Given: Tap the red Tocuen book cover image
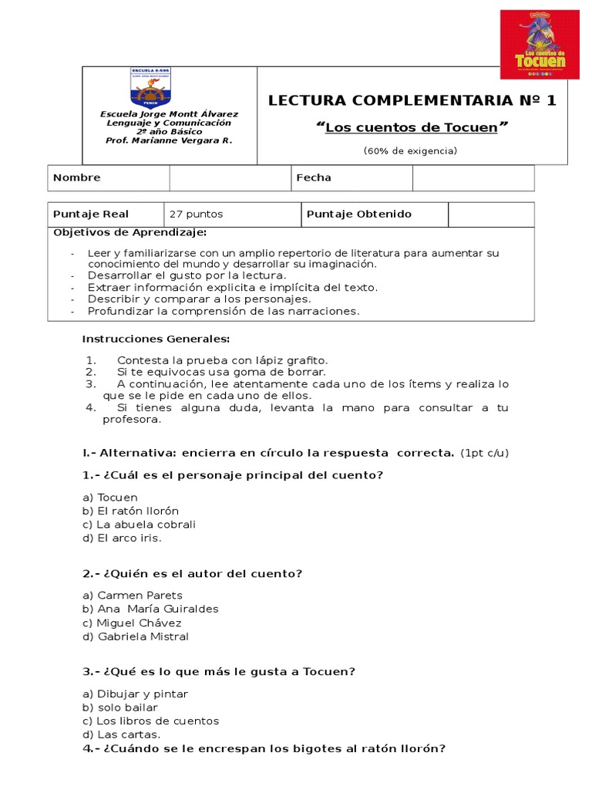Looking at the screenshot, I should [539, 45].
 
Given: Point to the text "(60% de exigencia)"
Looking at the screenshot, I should [410, 150].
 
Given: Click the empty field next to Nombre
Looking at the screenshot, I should [230, 177].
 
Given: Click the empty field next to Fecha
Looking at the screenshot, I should [473, 177].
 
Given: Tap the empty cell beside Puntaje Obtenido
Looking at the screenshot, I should [491, 214].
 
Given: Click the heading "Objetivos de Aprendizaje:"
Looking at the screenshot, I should [129, 233].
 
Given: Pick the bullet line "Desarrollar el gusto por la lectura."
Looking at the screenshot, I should [187, 275].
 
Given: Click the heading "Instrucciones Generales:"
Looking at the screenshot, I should [156, 339].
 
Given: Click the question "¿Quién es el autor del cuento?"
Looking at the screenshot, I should [192, 573].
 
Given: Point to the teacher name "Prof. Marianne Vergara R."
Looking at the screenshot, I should [169, 140].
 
